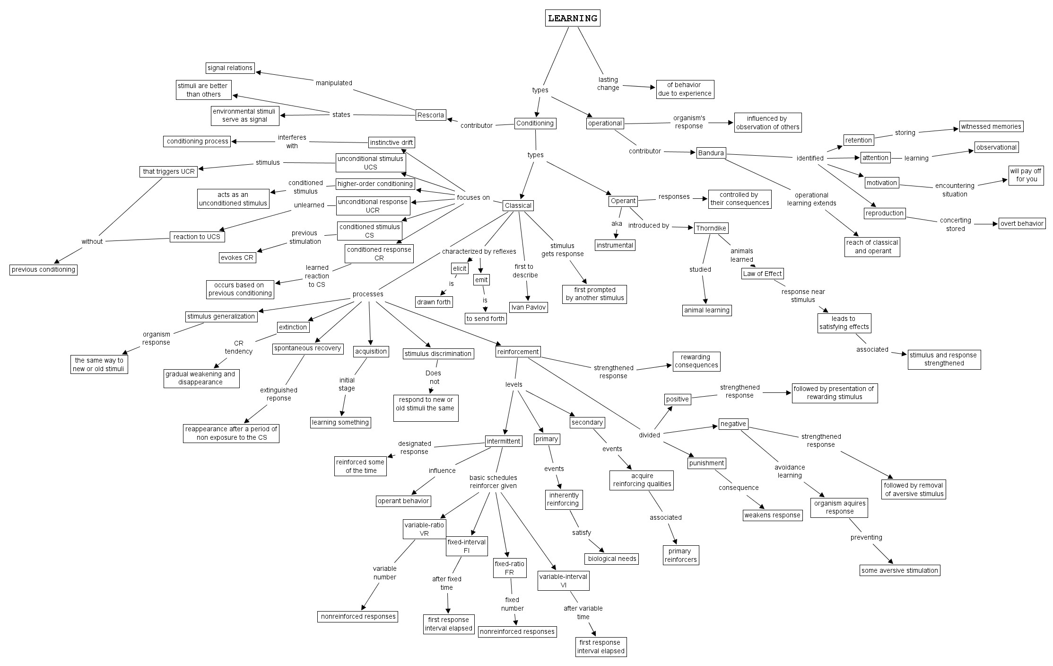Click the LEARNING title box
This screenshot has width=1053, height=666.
click(x=572, y=18)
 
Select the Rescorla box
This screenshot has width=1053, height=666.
click(x=431, y=115)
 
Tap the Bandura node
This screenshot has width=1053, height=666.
click(x=711, y=153)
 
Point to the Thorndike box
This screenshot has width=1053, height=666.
click(x=711, y=228)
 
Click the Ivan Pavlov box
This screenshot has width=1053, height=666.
click(x=528, y=307)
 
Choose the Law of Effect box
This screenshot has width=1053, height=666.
click(x=762, y=274)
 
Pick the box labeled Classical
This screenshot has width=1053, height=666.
click(x=518, y=205)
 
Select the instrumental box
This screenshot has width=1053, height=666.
click(x=615, y=245)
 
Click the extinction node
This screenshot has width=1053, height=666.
click(x=293, y=327)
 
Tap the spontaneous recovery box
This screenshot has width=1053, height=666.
click(x=307, y=348)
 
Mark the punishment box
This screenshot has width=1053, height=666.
click(x=706, y=463)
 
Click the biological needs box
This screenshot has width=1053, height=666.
click(x=612, y=559)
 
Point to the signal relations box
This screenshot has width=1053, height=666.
click(x=230, y=68)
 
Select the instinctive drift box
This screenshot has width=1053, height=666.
click(x=392, y=142)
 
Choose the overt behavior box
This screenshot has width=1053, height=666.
click(x=1022, y=223)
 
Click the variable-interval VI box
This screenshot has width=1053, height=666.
click(x=563, y=581)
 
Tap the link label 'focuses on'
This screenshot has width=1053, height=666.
click(x=473, y=197)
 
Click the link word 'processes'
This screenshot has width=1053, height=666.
click(x=368, y=294)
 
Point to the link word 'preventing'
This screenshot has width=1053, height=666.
click(x=866, y=537)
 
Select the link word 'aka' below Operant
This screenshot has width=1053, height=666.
click(x=617, y=223)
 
